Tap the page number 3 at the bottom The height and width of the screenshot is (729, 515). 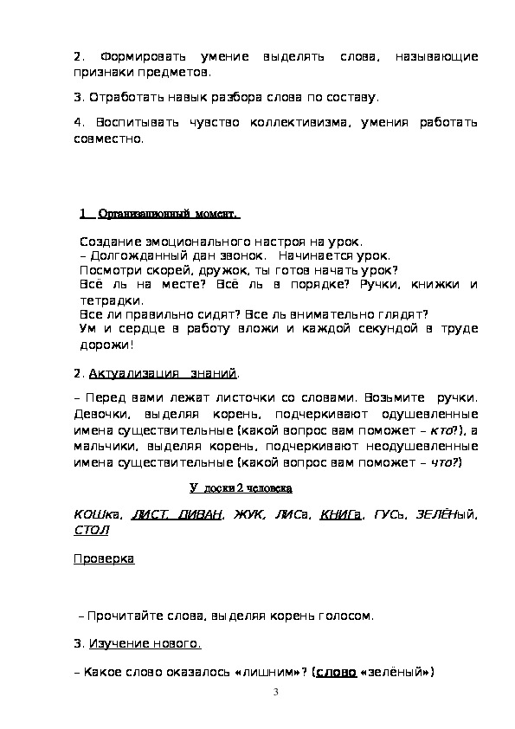[x=274, y=692]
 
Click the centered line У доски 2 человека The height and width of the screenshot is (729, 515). [x=241, y=487]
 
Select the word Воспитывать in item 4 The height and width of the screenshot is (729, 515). [x=135, y=123]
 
